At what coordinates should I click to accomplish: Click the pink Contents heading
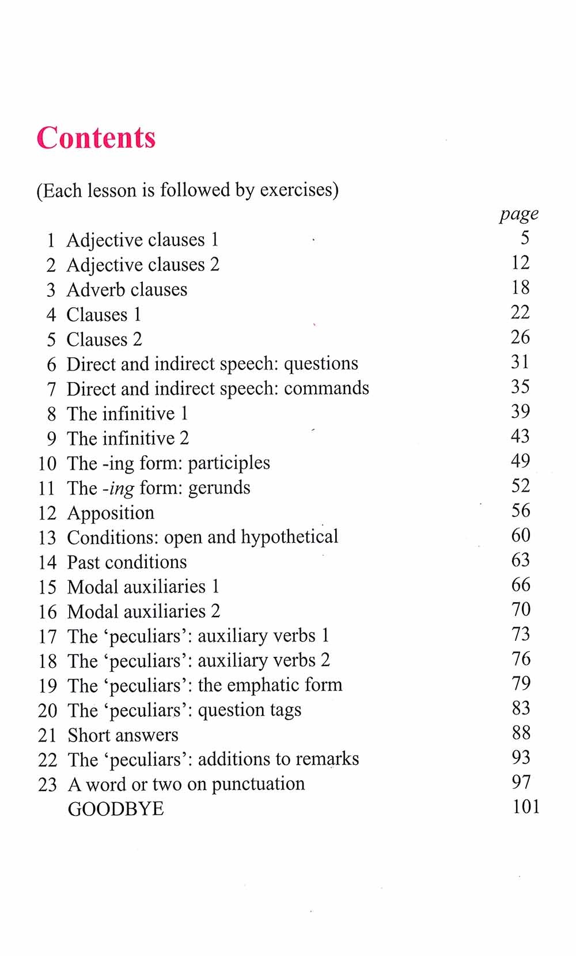click(96, 138)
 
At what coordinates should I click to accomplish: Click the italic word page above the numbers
click(519, 214)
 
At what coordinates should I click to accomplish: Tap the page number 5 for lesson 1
click(524, 238)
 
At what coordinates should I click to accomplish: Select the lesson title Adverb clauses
click(127, 289)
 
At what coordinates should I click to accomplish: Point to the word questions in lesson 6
click(321, 364)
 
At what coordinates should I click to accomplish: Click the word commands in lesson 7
click(326, 388)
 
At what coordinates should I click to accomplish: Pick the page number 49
click(520, 461)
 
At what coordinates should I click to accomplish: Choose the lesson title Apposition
click(111, 513)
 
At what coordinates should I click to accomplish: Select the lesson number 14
click(47, 562)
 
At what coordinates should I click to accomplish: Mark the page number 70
click(521, 609)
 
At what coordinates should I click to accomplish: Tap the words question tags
click(249, 711)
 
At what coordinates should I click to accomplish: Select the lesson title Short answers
click(123, 735)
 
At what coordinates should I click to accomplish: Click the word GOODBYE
click(116, 809)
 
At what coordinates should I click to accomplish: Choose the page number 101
click(526, 807)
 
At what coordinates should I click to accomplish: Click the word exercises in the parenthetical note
click(296, 190)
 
